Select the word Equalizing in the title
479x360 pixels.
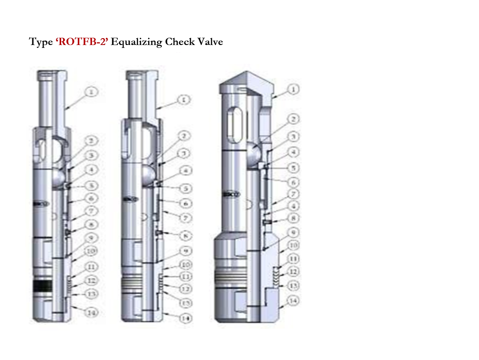pos(136,42)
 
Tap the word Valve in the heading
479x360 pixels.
pos(210,42)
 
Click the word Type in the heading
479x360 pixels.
pos(41,42)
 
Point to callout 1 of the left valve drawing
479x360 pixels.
pos(91,91)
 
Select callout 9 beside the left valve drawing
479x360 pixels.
pos(91,238)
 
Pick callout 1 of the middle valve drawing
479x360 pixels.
pos(183,99)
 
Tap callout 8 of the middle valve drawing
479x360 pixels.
pos(184,235)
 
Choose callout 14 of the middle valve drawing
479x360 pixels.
pos(184,318)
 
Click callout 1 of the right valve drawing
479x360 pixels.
pos(293,89)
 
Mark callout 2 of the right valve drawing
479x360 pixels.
pos(293,119)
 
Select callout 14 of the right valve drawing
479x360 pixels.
pos(293,301)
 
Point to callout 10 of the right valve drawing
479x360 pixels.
pos(293,245)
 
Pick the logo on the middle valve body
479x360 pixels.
pos(129,200)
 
